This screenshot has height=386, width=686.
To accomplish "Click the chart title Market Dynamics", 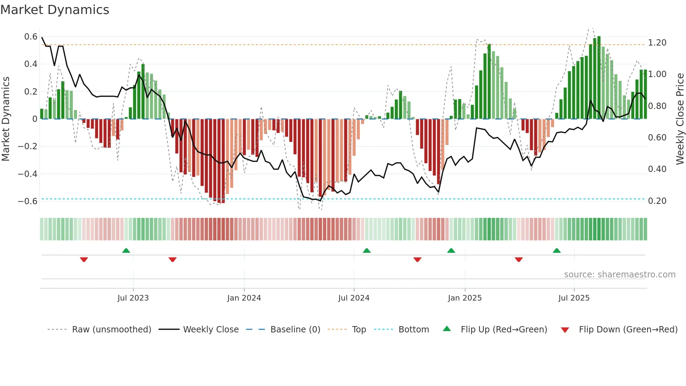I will pyautogui.click(x=55, y=10).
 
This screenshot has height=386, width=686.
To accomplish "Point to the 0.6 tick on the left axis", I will pyautogui.click(x=31, y=37).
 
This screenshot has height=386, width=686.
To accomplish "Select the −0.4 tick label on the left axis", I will pyautogui.click(x=28, y=174).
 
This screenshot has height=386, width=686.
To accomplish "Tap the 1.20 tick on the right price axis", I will pyautogui.click(x=657, y=43).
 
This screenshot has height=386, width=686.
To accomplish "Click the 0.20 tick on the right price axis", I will pyautogui.click(x=657, y=201).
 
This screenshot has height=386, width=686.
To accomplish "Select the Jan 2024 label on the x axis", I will pyautogui.click(x=244, y=298).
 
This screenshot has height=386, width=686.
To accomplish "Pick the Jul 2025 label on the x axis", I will pyautogui.click(x=574, y=298).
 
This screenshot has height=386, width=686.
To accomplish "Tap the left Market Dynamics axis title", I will pyautogui.click(x=6, y=119).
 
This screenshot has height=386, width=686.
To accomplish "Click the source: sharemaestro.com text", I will pyautogui.click(x=619, y=275).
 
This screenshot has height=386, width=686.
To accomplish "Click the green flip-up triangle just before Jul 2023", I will pyautogui.click(x=126, y=250).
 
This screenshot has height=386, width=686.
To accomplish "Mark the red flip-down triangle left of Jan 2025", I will pyautogui.click(x=417, y=260).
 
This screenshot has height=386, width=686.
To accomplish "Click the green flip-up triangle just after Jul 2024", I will pyautogui.click(x=366, y=250).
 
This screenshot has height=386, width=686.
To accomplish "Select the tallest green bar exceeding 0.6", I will pyautogui.click(x=599, y=77).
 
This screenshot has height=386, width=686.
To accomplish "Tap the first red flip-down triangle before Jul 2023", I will pyautogui.click(x=84, y=260).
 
